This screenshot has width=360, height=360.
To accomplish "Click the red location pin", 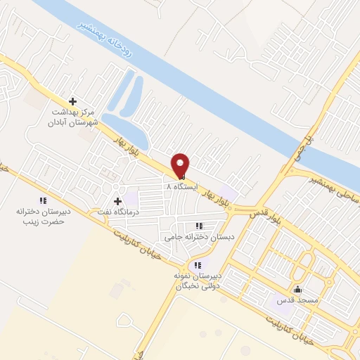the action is click(x=181, y=165).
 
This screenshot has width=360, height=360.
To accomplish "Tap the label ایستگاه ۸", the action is click(x=182, y=187).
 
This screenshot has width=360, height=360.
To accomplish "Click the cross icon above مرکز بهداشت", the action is click(x=72, y=101).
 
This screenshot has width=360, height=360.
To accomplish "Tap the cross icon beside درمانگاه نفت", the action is click(x=117, y=201).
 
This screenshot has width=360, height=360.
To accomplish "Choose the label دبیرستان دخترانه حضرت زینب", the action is click(x=40, y=215).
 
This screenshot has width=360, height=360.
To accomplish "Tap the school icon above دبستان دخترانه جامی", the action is click(x=199, y=226).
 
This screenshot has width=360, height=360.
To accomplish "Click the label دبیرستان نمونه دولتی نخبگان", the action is click(x=198, y=281).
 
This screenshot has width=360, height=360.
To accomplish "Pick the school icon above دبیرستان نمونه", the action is click(x=198, y=265).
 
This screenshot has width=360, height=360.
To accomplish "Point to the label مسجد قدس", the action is click(x=297, y=300).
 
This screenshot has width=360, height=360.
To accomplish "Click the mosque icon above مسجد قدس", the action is click(x=297, y=289).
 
